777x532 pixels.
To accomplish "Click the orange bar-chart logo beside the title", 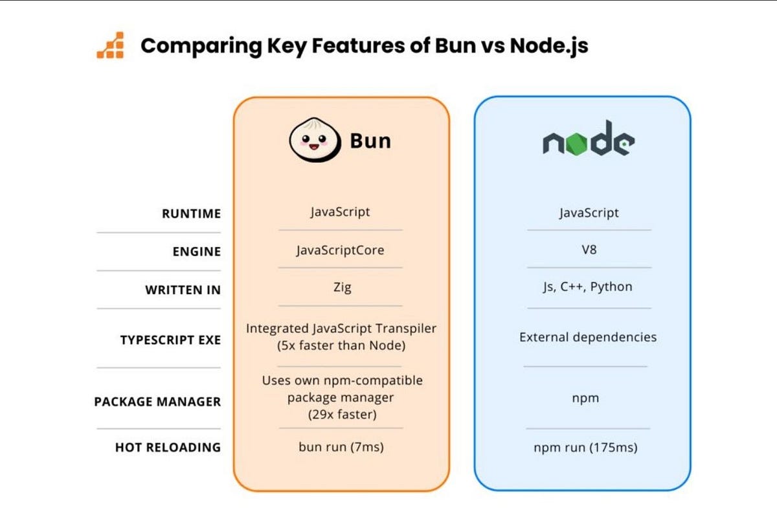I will click(110, 45).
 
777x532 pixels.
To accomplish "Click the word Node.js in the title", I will click(549, 46).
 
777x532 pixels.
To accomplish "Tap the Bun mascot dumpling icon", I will click(314, 140).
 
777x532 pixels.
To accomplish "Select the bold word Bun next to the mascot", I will click(370, 141).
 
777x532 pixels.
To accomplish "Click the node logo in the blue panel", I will click(588, 139).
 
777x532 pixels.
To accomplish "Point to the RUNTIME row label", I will click(191, 214).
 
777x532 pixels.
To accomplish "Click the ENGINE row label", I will click(196, 251).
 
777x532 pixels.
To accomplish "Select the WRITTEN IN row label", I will click(183, 290).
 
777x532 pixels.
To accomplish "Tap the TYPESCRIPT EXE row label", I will click(170, 340).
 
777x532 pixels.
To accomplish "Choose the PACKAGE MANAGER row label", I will click(157, 402).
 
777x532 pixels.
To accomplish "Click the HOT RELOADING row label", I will click(168, 447).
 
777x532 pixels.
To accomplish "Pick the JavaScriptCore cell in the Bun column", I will click(340, 250).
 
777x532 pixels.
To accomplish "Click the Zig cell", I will click(341, 287).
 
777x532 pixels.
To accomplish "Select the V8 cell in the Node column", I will click(589, 249).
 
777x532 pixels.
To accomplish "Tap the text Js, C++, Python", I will click(587, 286).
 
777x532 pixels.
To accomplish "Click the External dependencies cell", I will click(587, 337).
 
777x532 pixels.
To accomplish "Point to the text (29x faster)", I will click(341, 414).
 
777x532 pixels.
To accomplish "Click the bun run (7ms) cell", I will click(341, 446).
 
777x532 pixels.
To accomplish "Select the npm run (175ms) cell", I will click(585, 447).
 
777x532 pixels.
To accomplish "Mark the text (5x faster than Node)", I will click(341, 345).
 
